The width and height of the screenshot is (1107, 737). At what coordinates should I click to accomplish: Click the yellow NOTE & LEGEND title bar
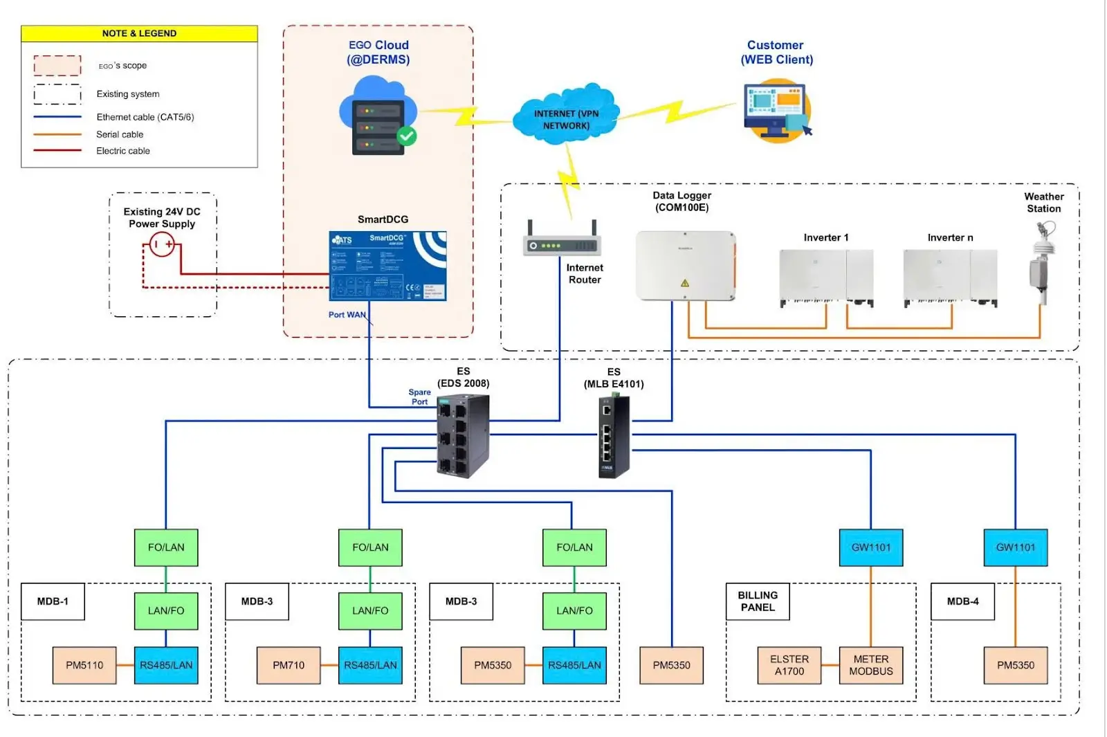139,33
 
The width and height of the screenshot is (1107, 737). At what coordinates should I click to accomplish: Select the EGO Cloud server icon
378,118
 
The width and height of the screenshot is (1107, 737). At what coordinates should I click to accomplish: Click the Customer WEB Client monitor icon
776,111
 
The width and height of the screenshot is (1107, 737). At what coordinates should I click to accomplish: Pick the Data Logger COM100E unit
685,266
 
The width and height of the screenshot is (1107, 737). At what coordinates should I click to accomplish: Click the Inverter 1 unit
826,277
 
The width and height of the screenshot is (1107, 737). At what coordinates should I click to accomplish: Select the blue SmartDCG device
387,266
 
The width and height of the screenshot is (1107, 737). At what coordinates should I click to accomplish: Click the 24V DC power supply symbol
162,244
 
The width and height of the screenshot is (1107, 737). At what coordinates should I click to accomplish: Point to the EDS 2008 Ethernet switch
463,435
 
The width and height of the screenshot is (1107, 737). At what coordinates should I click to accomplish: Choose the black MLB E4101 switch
614,437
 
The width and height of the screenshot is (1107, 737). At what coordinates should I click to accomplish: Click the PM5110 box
84,665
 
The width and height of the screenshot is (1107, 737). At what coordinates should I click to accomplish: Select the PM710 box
289,665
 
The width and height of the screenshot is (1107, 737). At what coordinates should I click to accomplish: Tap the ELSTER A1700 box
789,665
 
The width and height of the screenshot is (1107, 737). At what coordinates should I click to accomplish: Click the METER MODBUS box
871,665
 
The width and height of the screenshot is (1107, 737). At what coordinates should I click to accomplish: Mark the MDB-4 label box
962,601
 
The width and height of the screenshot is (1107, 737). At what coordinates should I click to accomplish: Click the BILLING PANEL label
758,601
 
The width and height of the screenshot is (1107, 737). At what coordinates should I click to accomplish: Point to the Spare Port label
419,397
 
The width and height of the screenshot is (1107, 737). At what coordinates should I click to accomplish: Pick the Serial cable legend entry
120,134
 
